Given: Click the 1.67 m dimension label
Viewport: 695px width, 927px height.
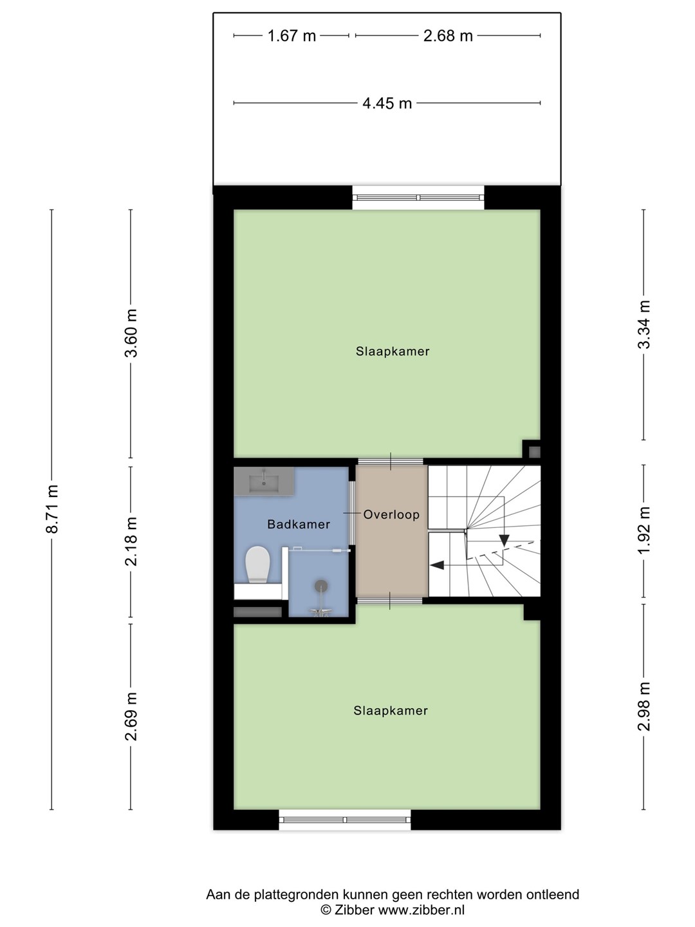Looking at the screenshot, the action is [x=292, y=36].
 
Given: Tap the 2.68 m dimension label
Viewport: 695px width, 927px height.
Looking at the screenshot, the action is [x=448, y=36].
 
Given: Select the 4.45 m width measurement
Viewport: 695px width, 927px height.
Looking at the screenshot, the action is [x=387, y=103].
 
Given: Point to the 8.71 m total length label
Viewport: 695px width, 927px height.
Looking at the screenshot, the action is [x=52, y=509].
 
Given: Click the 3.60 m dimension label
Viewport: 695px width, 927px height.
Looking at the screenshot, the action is [x=131, y=333].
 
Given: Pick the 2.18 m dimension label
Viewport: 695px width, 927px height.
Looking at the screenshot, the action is [x=131, y=541].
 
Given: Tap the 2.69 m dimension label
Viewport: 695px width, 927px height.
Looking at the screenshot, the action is [x=131, y=716].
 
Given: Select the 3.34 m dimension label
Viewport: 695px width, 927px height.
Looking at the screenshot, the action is [x=644, y=324].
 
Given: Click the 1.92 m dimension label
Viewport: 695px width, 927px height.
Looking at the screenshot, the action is [x=644, y=531].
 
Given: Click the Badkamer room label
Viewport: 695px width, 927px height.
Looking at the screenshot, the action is [x=299, y=525].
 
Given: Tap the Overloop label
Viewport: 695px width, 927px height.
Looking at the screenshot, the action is [x=392, y=515].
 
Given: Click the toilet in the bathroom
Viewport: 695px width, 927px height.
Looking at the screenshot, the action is [x=258, y=565].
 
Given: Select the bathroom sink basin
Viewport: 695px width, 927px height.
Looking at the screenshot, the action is [x=264, y=482].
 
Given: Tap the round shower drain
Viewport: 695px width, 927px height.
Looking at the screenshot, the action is [x=321, y=586].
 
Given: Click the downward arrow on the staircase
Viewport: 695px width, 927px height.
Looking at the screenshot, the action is [x=504, y=541].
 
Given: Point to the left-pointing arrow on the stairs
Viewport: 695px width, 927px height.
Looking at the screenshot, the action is [x=437, y=565].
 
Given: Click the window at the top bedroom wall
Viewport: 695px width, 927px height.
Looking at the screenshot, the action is [x=418, y=198].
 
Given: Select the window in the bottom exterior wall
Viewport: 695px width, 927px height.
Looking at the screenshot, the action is [x=345, y=820].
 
